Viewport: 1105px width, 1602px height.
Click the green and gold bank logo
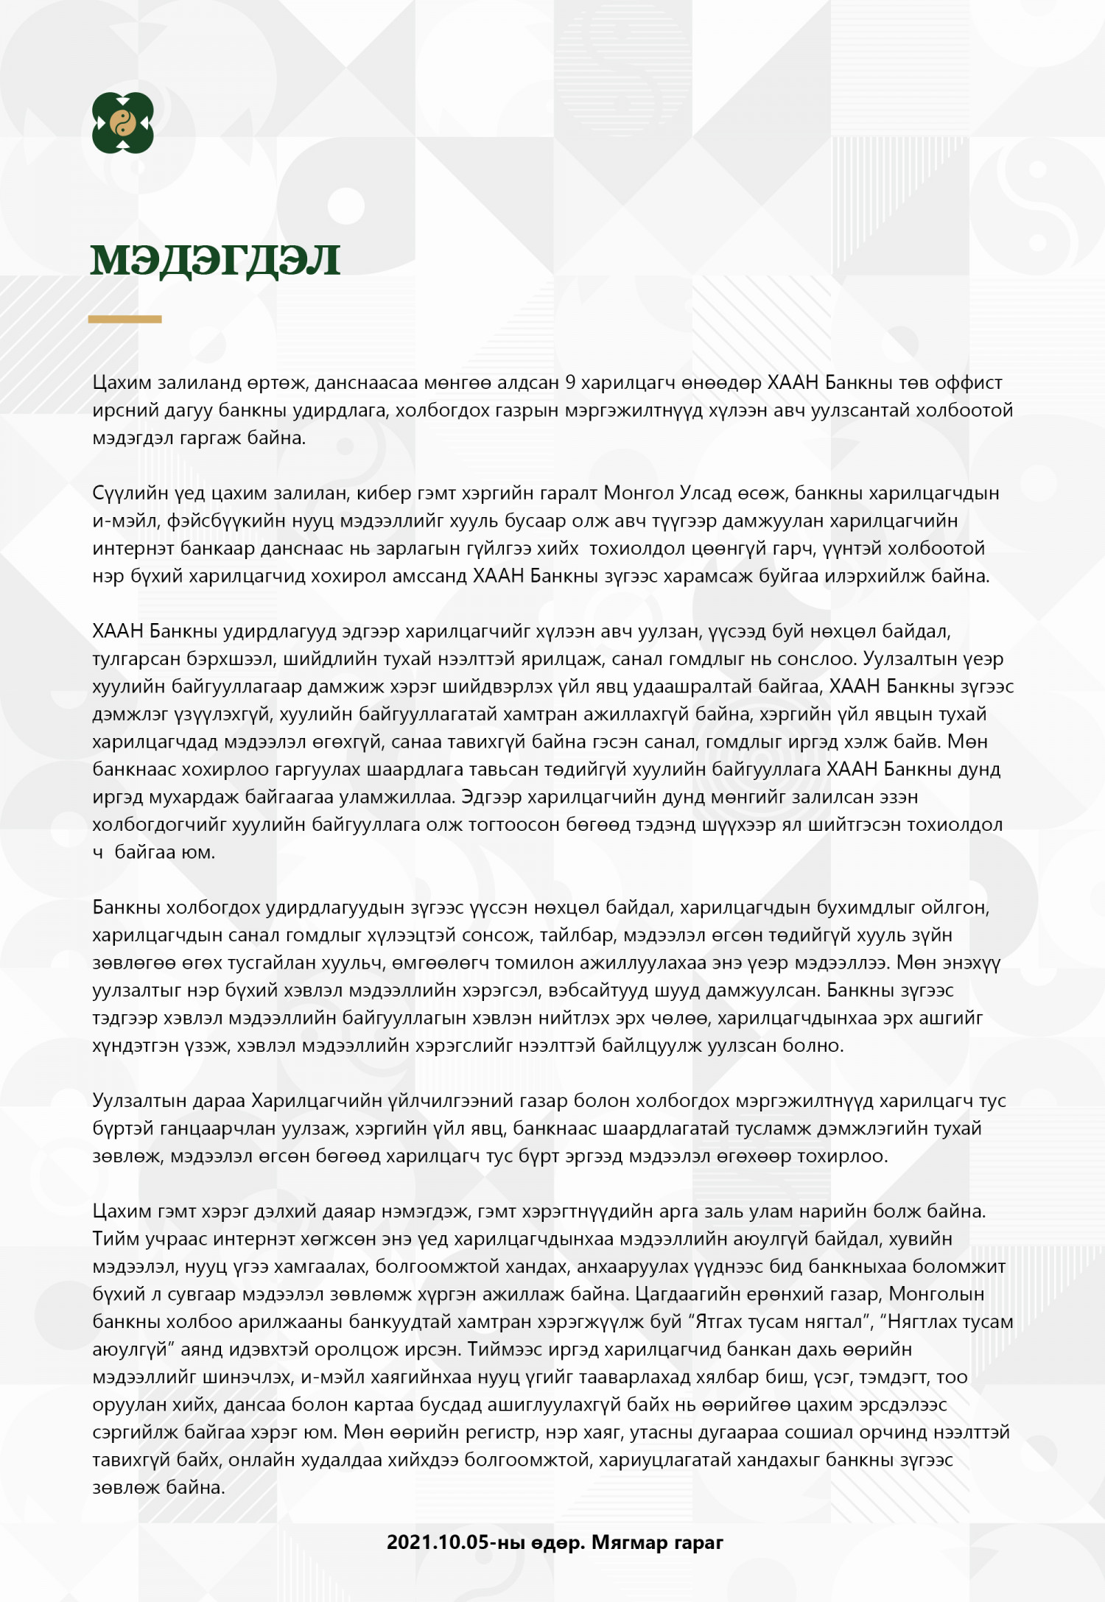click(122, 123)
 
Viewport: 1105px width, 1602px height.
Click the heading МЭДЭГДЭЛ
click(215, 260)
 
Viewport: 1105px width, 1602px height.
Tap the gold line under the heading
click(124, 320)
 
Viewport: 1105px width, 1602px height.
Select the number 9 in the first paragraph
click(570, 383)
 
